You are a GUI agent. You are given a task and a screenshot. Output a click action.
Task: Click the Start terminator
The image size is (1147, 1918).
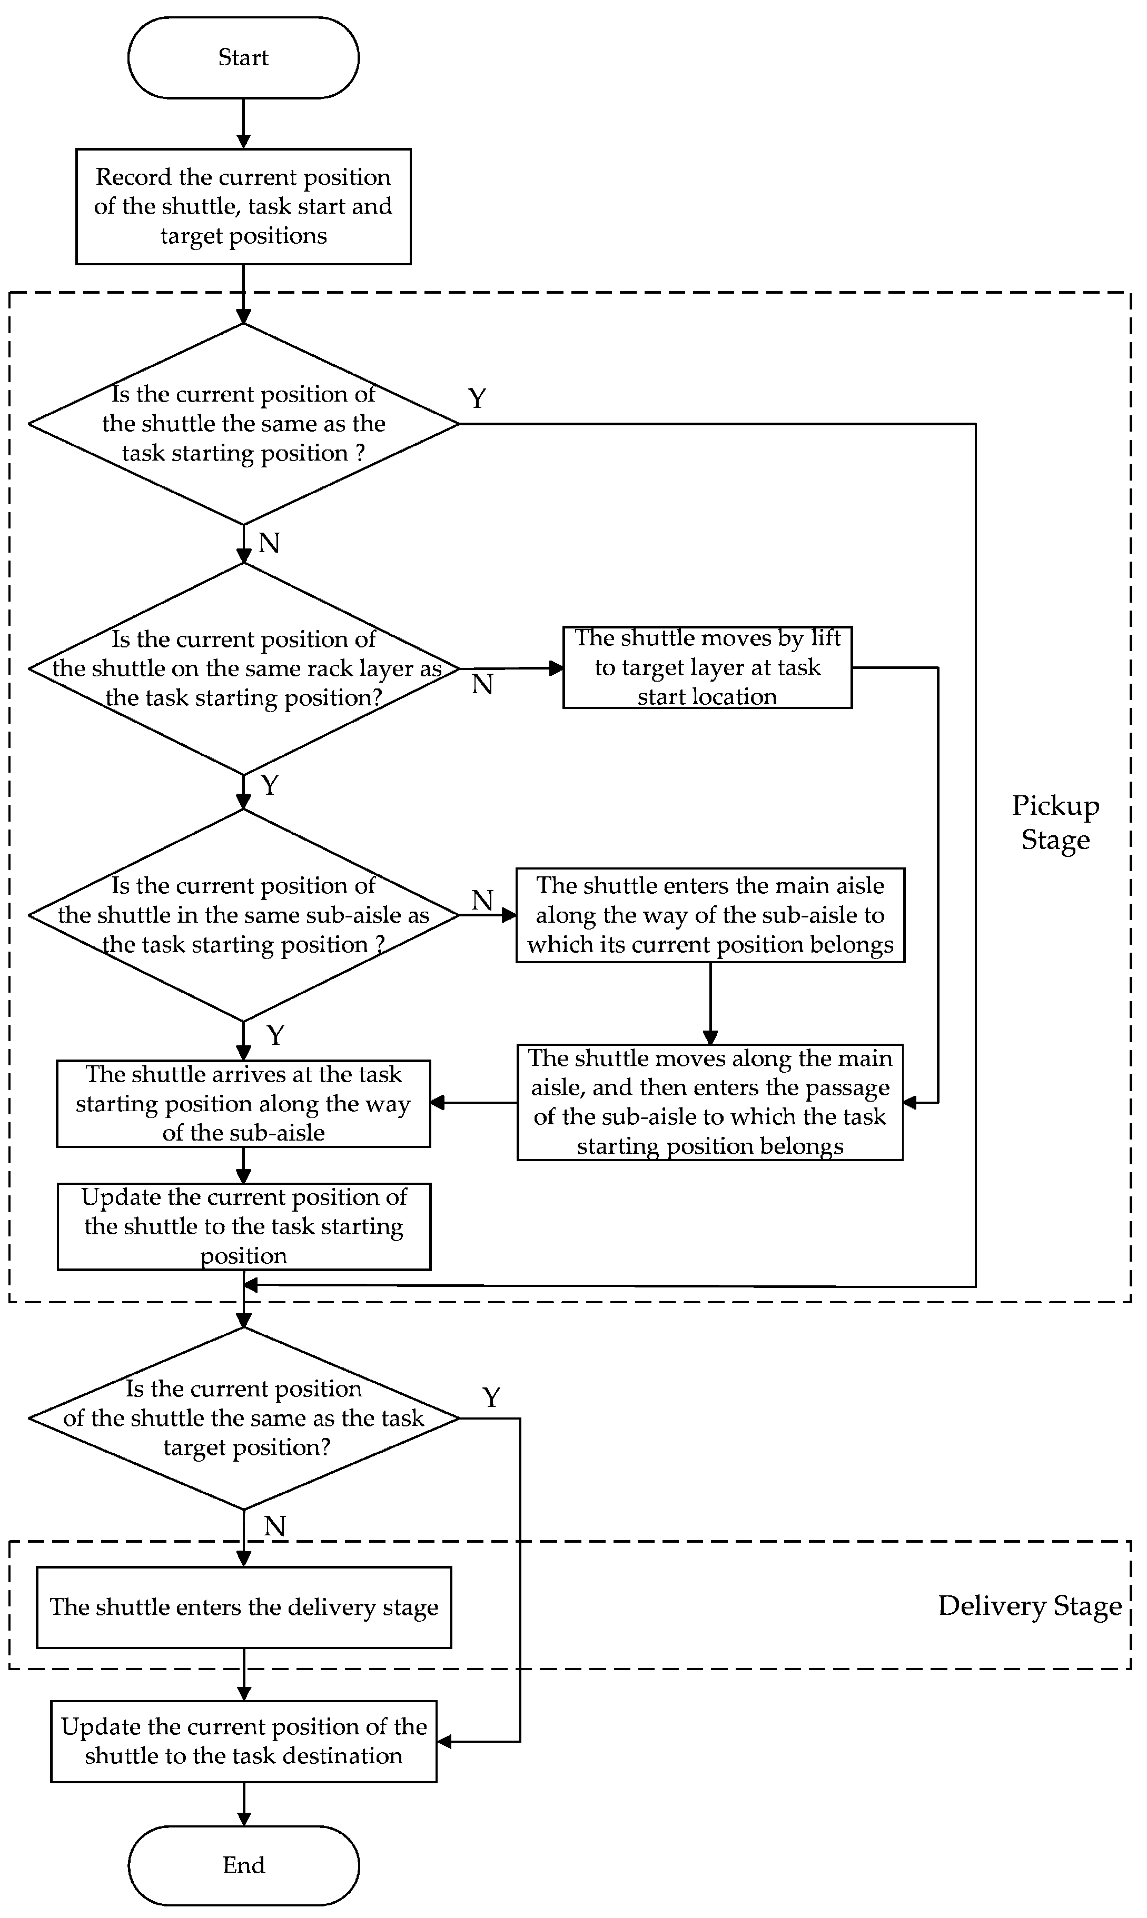[x=243, y=57]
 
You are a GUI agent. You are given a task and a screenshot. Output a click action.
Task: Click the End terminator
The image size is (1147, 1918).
[x=243, y=1865]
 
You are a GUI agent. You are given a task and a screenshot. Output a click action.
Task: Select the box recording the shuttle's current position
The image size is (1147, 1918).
[x=243, y=206]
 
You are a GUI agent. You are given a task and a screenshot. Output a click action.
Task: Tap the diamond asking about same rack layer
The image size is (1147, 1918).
[x=243, y=668]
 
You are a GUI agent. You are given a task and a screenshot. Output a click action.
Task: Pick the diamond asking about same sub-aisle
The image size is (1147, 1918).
[x=243, y=915]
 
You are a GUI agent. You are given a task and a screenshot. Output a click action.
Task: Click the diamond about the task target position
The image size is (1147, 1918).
[x=243, y=1417]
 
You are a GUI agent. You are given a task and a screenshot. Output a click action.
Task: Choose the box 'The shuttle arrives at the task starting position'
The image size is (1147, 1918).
[x=243, y=1103]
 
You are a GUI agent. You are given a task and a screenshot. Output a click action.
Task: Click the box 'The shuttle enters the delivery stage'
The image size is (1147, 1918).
[x=243, y=1607]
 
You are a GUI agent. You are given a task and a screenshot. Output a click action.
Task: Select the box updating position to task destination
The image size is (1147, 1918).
[x=243, y=1741]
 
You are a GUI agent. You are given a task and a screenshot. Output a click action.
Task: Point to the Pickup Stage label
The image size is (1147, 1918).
[x=1055, y=822]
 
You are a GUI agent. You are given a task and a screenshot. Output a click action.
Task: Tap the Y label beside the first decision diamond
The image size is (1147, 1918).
[x=477, y=398]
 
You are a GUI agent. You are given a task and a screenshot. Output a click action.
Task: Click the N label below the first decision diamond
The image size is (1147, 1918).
[x=268, y=543]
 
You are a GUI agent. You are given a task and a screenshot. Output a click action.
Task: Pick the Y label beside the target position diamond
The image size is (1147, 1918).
[x=491, y=1396]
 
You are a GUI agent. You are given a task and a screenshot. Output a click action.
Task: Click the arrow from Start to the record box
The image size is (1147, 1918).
[x=243, y=124]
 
